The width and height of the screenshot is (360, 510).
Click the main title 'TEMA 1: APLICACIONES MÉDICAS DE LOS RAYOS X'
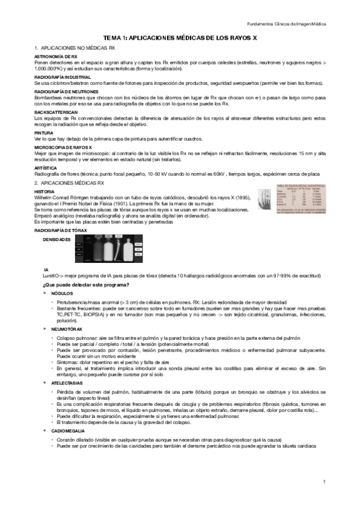[180, 37]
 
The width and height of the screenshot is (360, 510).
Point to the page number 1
[323, 482]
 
